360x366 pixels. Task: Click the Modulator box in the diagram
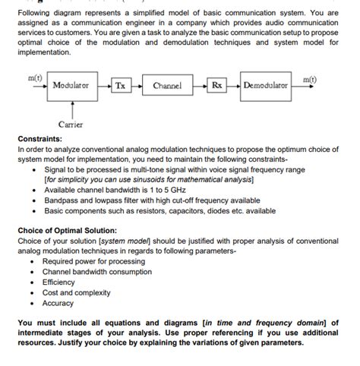click(x=70, y=86)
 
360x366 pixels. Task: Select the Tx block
click(x=120, y=86)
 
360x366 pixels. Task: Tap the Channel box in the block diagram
click(x=167, y=86)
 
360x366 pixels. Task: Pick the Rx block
click(x=216, y=86)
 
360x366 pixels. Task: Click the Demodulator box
click(x=265, y=86)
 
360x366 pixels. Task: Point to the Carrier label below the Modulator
click(x=71, y=123)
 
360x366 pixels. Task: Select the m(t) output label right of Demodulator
click(x=310, y=79)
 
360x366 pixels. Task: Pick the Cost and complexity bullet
click(x=76, y=292)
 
